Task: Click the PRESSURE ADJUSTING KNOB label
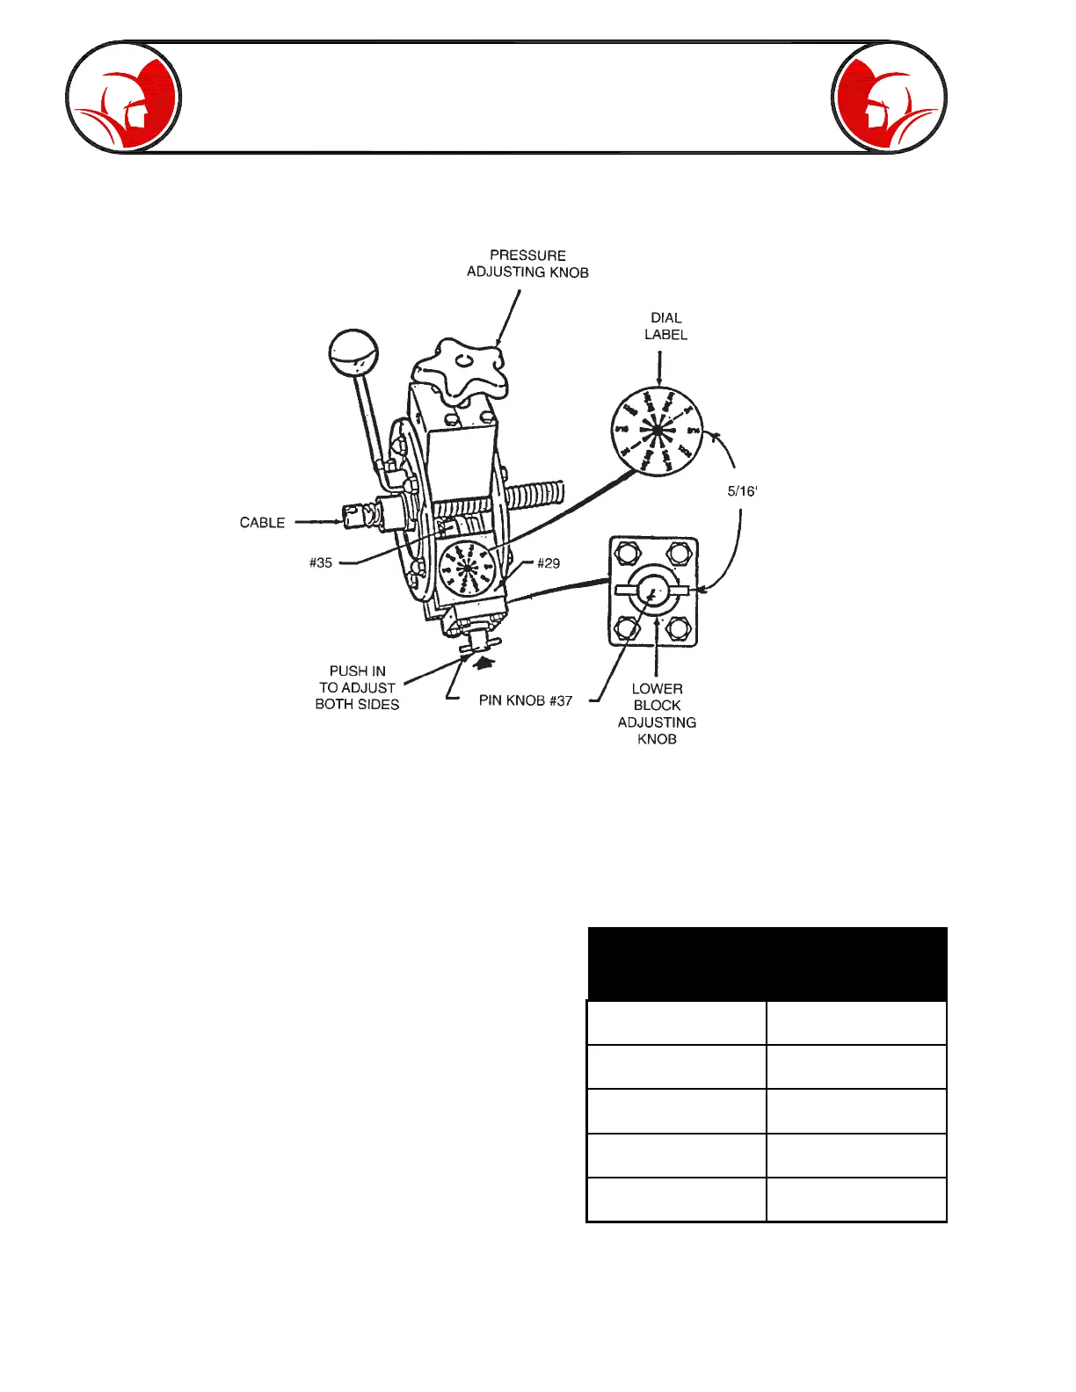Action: pos(527,264)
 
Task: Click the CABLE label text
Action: pos(262,523)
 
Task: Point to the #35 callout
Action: pos(321,563)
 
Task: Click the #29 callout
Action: pos(549,563)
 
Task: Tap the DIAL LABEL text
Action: pos(665,326)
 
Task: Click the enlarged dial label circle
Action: pos(658,431)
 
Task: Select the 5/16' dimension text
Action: pos(742,491)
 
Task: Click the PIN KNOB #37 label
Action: pos(526,701)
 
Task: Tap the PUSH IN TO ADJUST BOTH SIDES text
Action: pos(357,688)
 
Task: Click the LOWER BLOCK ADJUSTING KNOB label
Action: pos(657,714)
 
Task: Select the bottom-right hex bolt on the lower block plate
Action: pos(678,628)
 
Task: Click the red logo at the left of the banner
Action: pos(124,98)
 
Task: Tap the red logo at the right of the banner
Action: pos(889,98)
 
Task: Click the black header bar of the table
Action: pos(767,964)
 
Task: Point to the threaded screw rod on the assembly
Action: pos(527,497)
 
